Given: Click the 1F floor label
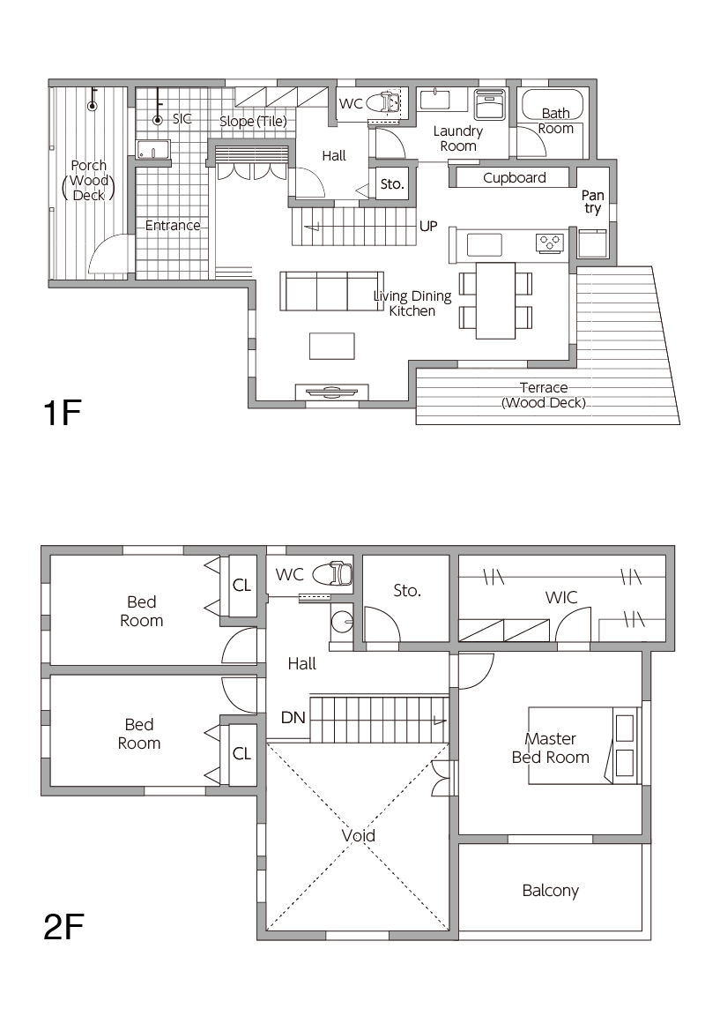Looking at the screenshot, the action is click(62, 413).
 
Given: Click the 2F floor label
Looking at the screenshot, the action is click(63, 926).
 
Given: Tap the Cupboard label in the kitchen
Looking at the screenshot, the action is click(515, 177).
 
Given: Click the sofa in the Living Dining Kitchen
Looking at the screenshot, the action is click(332, 291).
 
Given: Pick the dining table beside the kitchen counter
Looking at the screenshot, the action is click(495, 301).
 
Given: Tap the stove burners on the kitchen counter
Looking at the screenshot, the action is click(551, 243).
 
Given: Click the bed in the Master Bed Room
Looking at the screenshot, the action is click(583, 745).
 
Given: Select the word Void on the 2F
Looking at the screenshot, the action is click(358, 836).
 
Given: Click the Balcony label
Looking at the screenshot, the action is click(551, 891).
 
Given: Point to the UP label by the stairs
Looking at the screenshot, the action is click(428, 226).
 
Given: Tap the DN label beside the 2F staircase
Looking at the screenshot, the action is click(293, 717).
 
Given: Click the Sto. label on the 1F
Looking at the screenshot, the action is click(392, 184).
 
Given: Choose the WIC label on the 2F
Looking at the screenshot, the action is click(561, 598).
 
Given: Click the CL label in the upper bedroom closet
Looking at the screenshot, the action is click(241, 586).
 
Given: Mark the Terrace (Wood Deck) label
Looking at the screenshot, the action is click(544, 395).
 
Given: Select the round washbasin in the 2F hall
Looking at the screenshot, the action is click(342, 622).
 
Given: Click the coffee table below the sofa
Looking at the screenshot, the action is click(332, 346).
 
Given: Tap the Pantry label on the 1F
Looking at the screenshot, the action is click(593, 202).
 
